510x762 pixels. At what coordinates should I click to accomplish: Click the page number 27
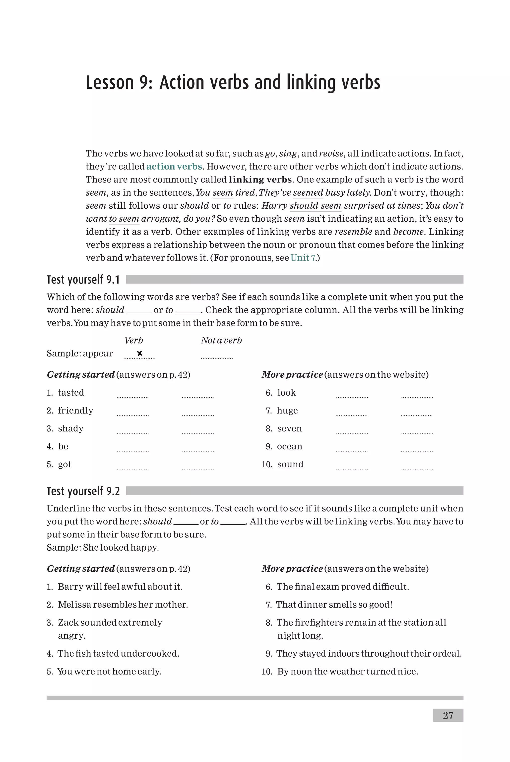point(448,715)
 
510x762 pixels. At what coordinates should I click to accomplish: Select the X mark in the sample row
point(139,353)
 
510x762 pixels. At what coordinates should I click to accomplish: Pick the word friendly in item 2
point(75,411)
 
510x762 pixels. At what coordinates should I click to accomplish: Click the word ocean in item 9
point(289,446)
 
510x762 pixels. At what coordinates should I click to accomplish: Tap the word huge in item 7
point(287,411)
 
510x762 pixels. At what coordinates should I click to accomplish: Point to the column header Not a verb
point(221,340)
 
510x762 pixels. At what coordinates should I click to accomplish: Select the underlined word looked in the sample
point(115,547)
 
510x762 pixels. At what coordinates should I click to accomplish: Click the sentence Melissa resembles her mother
point(123,604)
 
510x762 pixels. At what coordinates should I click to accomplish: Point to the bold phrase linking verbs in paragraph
point(260,179)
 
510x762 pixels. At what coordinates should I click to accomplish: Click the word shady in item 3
point(70,428)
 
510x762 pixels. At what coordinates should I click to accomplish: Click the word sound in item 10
point(290,464)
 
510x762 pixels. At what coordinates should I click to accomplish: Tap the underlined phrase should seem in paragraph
point(315,206)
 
